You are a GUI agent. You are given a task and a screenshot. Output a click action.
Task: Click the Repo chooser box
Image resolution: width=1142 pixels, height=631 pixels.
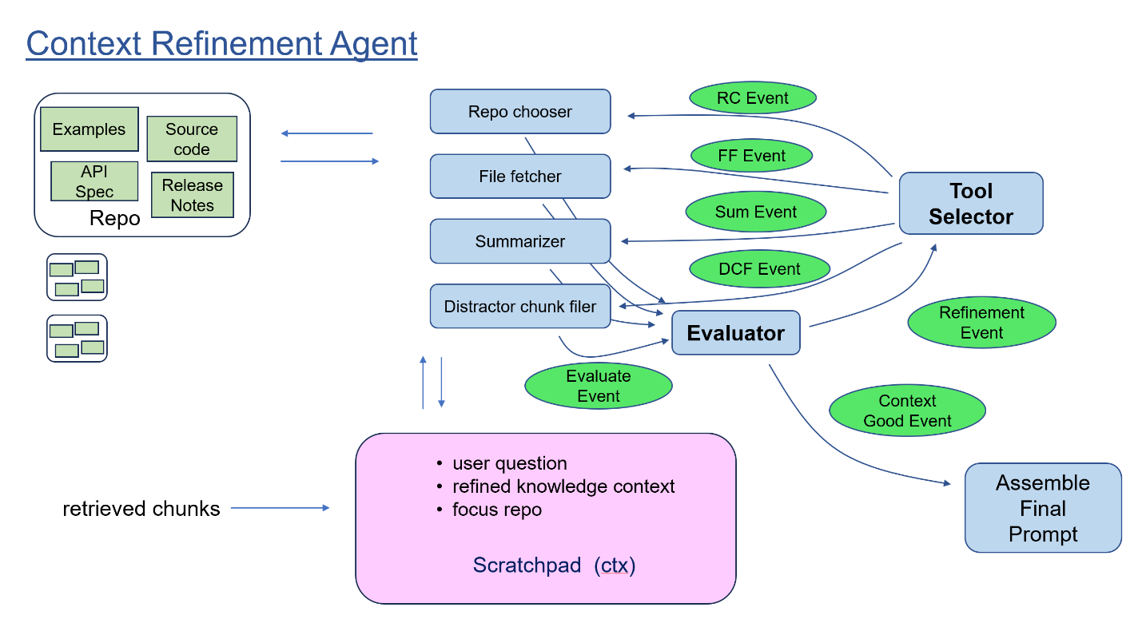click(520, 112)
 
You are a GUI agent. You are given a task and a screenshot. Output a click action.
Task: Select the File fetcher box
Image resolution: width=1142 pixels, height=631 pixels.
click(520, 177)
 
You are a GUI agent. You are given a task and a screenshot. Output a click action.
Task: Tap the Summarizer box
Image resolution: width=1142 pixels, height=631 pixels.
click(520, 241)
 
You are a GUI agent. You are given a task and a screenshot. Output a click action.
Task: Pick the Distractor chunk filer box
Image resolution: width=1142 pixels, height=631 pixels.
click(520, 306)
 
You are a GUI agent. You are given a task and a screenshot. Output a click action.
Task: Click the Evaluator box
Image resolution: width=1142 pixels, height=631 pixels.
click(735, 333)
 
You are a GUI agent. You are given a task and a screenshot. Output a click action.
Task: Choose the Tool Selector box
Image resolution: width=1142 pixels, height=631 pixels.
click(970, 204)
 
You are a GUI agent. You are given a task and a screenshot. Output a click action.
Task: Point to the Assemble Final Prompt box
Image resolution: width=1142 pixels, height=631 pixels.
click(1043, 508)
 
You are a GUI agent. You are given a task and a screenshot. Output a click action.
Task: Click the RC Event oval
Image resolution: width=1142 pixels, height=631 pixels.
click(752, 98)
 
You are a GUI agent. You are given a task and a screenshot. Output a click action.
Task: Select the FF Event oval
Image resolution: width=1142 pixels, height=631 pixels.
click(751, 156)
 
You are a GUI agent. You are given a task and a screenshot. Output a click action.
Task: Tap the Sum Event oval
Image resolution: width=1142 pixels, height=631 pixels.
click(755, 212)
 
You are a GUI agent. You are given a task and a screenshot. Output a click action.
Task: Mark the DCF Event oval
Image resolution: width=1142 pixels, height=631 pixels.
click(758, 269)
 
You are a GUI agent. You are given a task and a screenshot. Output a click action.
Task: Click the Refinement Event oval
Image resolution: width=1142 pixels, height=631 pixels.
click(981, 323)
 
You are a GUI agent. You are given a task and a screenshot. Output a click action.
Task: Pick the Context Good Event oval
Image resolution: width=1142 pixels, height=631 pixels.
click(907, 411)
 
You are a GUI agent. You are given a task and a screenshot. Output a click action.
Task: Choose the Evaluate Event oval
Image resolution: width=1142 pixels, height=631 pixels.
click(598, 386)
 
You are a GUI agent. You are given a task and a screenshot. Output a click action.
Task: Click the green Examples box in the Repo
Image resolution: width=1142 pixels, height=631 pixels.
click(89, 129)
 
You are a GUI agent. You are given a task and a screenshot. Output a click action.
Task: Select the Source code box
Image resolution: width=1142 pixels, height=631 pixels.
click(192, 139)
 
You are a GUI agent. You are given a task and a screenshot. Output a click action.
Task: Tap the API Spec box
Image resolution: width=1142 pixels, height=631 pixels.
click(94, 181)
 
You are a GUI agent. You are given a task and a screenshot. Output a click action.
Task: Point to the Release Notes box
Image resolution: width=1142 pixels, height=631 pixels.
click(192, 195)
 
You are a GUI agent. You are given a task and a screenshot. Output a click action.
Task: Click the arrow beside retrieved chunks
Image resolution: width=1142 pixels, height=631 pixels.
click(280, 507)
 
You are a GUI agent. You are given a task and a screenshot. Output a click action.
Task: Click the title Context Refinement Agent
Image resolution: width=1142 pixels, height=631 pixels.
click(221, 44)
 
